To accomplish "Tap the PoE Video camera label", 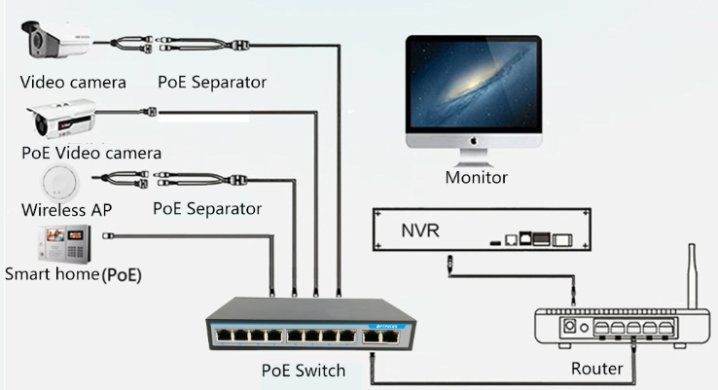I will [x=91, y=153].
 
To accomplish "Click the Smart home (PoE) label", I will [x=73, y=274].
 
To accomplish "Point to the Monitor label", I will [x=477, y=177].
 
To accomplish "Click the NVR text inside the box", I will [x=420, y=231].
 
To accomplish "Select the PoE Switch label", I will [x=304, y=371].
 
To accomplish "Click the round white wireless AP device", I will [x=61, y=181].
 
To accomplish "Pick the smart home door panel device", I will [x=63, y=243].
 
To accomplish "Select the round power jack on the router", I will [x=572, y=329].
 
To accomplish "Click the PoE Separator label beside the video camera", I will [x=212, y=82].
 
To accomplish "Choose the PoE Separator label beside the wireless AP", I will [x=207, y=208].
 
